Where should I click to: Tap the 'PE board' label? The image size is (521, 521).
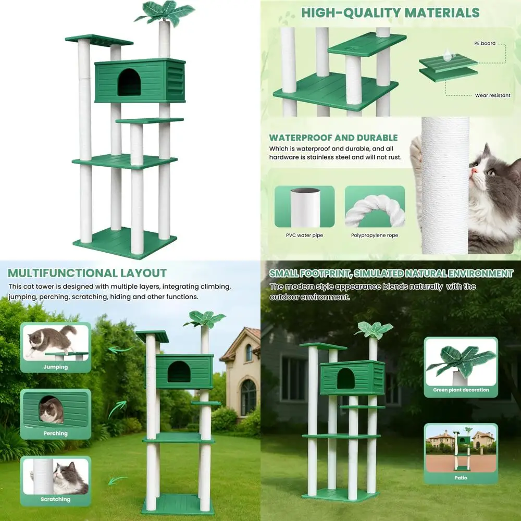coord(485,43)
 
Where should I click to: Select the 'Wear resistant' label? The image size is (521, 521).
coord(492,95)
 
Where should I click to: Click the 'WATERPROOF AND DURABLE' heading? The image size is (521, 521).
coord(333,138)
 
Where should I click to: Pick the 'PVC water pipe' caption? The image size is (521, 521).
coord(304,235)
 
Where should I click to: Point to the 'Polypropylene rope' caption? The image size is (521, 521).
coord(375,235)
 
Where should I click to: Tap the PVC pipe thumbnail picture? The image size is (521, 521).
coord(305,207)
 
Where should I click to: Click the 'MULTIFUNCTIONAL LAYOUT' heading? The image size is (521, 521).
coord(87,273)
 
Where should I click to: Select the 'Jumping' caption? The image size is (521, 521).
coord(56,367)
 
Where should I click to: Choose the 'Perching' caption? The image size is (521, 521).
coord(56,433)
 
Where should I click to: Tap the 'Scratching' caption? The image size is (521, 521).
coord(56,499)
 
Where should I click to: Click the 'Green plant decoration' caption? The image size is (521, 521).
coord(461,390)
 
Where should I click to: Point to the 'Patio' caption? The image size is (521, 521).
coord(461,477)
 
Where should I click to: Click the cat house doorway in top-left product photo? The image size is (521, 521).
coord(129,83)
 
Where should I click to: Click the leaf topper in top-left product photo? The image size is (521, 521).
coord(164,11)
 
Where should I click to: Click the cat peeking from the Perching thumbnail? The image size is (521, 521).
coord(51,410)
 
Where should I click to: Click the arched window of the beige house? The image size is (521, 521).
coord(249,396)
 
